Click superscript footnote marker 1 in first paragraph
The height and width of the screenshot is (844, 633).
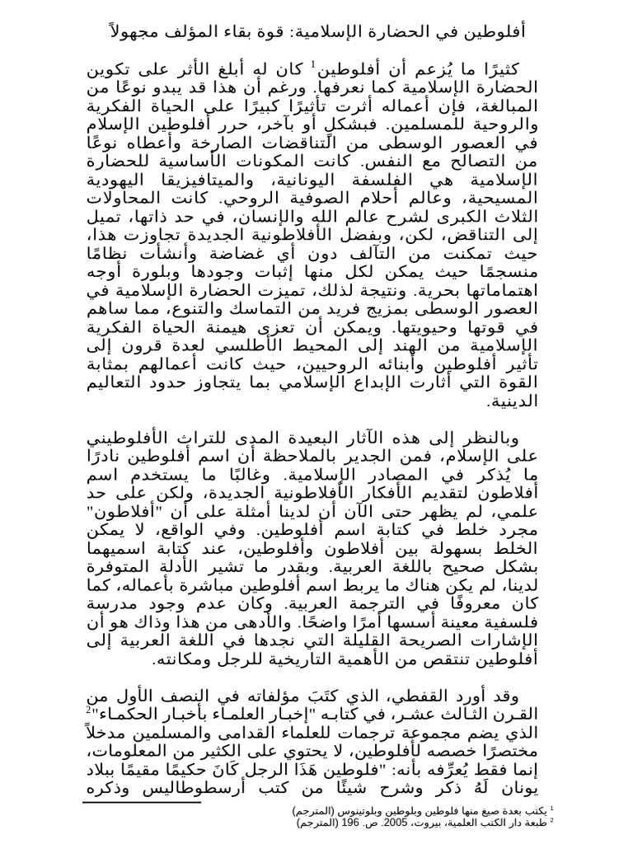[x=313, y=64]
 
